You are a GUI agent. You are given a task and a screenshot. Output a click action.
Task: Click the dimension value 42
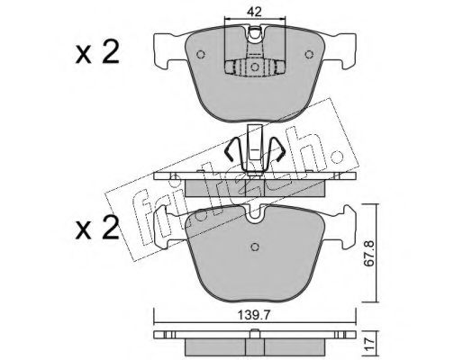tap(255, 12)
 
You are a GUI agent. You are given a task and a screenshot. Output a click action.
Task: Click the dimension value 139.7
tap(254, 315)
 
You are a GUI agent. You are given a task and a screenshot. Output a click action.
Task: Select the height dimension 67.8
tap(368, 253)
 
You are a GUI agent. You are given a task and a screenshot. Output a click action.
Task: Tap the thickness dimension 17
tap(368, 341)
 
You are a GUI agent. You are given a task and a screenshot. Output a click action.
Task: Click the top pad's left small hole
tap(200, 54)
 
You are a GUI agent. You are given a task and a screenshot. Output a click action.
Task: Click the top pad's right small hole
tap(309, 54)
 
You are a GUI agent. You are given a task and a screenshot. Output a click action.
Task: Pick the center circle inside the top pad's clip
tap(255, 67)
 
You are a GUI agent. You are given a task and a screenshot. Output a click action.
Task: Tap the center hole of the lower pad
tap(255, 247)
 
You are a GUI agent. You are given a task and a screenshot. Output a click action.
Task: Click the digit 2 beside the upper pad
tap(110, 52)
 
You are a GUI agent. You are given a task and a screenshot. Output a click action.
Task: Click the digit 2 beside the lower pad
tap(110, 228)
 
